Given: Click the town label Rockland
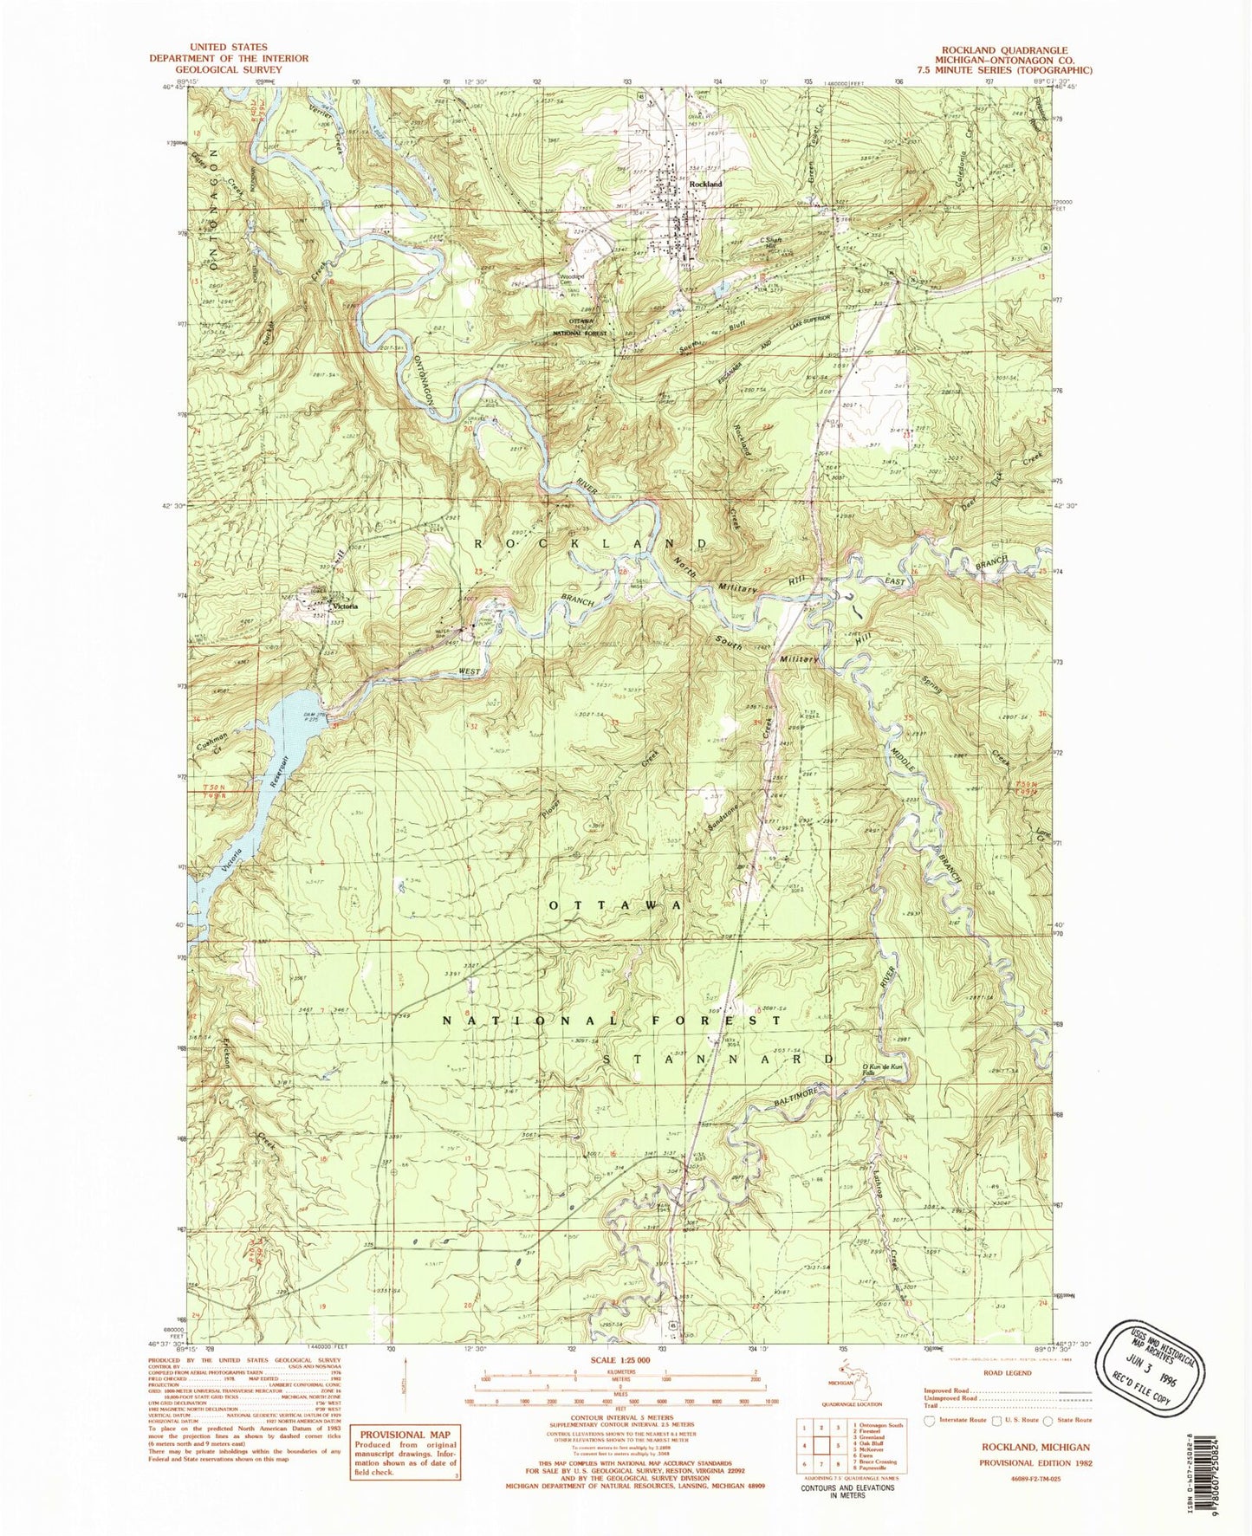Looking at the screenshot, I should [705, 185].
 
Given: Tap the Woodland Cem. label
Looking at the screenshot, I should [570, 278].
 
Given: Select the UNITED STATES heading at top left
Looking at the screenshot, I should [229, 47].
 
